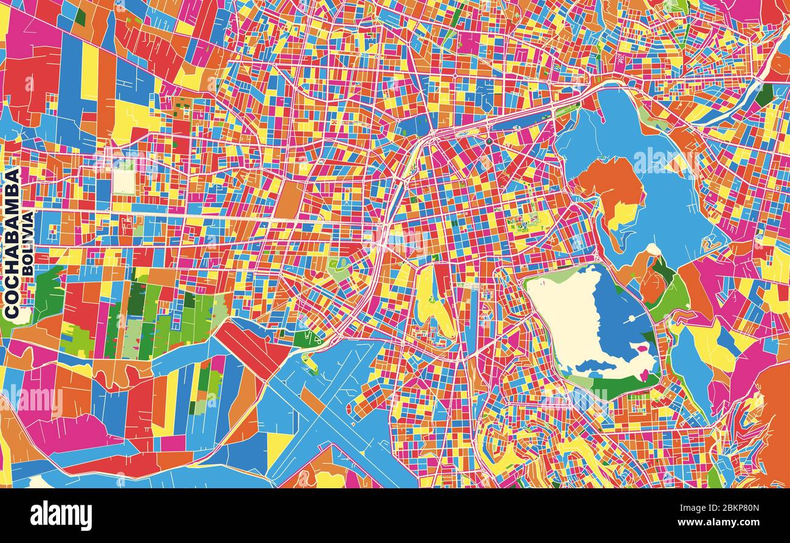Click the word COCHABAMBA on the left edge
12,243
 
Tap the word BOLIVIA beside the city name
28,243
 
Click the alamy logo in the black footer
61,516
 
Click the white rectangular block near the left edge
123,181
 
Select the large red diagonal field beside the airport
252,347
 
